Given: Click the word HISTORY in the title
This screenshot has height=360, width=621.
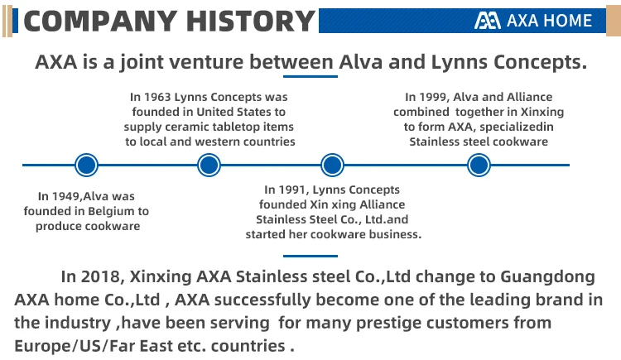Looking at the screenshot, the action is click(x=250, y=21).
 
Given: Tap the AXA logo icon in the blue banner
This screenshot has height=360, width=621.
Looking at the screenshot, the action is click(x=487, y=21).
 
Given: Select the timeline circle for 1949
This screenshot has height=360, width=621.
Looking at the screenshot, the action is click(x=86, y=165).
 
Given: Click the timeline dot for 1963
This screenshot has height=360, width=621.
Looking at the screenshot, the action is click(x=209, y=165).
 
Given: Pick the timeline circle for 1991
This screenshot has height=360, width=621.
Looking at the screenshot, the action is click(x=332, y=165).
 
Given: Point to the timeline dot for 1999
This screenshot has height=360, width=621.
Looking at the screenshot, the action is click(x=479, y=165).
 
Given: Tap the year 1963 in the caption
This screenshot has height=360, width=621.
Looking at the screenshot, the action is click(x=157, y=97).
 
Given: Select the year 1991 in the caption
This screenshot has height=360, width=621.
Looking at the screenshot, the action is click(x=292, y=190).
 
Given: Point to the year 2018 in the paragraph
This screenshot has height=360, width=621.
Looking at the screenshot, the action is click(x=100, y=277).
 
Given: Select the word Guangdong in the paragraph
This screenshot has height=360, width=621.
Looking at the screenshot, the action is click(x=548, y=277).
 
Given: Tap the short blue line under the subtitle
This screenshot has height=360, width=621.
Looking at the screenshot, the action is click(x=310, y=76).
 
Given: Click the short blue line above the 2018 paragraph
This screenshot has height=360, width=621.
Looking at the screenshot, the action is click(x=310, y=256).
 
